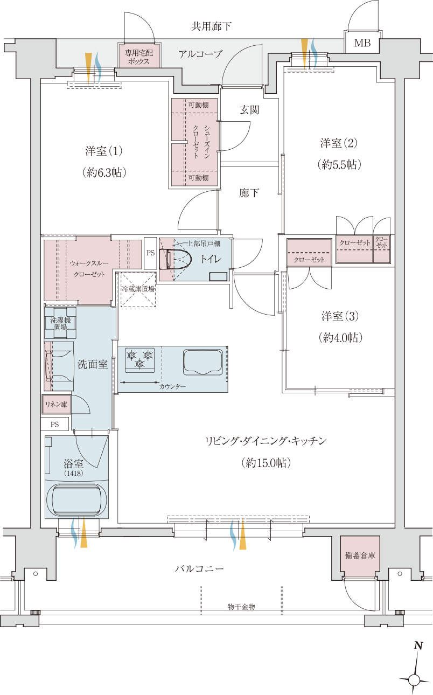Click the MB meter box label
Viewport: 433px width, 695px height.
click(362, 43)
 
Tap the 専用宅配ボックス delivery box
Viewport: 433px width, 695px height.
click(139, 55)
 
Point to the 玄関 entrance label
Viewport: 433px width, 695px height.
click(249, 110)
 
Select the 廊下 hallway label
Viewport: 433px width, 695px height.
click(249, 193)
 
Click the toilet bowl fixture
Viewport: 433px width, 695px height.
click(175, 259)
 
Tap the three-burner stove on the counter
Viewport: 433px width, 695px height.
click(140, 360)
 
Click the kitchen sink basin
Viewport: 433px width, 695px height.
click(203, 362)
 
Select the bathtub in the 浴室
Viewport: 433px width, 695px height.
click(76, 500)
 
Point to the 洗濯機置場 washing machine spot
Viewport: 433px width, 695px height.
click(60, 323)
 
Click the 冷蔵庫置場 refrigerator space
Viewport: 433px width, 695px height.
click(138, 289)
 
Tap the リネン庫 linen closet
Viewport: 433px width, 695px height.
click(57, 404)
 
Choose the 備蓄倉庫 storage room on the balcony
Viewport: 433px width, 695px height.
click(360, 555)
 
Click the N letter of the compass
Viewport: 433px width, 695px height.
click(418, 645)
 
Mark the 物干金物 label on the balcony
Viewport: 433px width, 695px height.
click(241, 606)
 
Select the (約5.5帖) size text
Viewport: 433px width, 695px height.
click(339, 164)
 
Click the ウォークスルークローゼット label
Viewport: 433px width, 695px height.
click(89, 269)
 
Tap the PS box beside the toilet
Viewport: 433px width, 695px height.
click(150, 253)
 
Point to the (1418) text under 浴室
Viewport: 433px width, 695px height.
click(73, 473)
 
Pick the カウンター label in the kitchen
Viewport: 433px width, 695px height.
click(172, 387)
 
